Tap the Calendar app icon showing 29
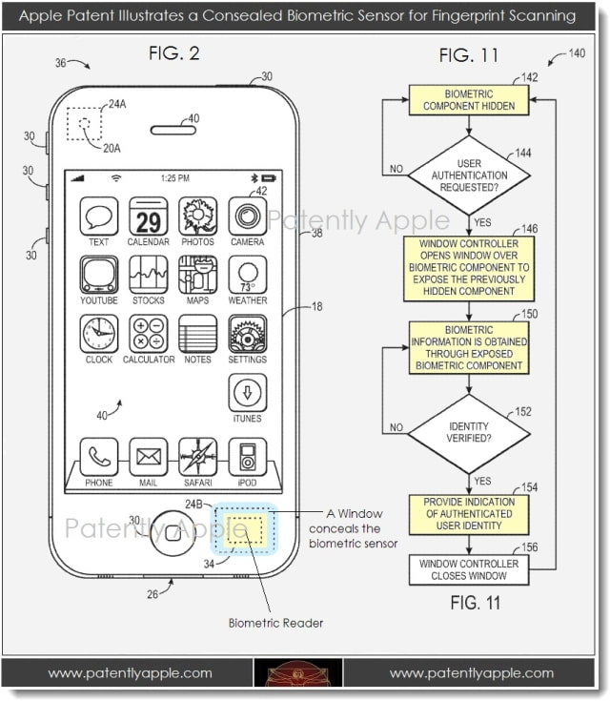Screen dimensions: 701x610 pos(148,216)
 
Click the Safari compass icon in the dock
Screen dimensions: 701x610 pos(197,457)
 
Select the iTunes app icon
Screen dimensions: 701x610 pos(247,393)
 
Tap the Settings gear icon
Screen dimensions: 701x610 pos(247,335)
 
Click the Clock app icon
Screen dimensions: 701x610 pos(98,335)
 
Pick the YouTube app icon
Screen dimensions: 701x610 pos(98,276)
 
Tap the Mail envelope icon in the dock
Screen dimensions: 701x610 pos(148,457)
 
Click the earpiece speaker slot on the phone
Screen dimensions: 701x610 pos(174,129)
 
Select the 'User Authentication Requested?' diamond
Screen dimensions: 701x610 pos(468,175)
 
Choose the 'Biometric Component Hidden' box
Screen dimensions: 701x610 pos(468,100)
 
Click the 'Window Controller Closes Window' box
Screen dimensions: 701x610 pos(468,569)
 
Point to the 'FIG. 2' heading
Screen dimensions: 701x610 pos(173,54)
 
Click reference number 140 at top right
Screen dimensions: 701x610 pos(577,54)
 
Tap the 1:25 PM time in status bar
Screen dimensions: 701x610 pos(173,178)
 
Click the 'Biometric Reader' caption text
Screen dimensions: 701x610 pos(275,623)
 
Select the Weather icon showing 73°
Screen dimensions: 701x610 pos(247,276)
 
